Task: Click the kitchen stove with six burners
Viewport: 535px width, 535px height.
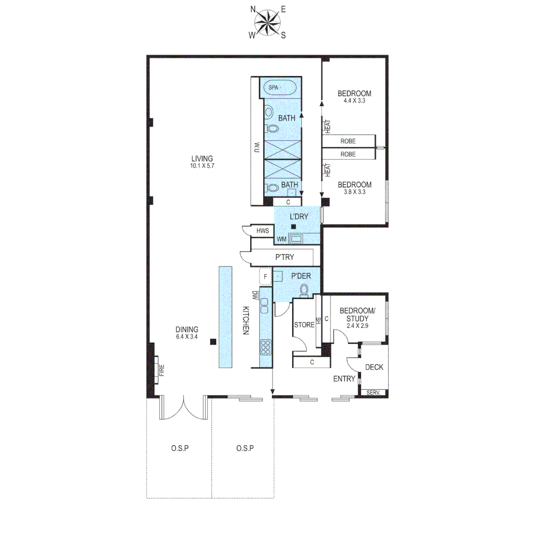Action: coord(265,348)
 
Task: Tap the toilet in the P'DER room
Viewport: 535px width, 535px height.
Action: coord(304,289)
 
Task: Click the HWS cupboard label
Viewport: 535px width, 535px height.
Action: coord(262,231)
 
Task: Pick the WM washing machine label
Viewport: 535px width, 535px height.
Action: coord(281,239)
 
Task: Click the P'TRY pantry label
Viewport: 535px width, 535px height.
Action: coord(284,258)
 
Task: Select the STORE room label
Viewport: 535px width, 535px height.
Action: coord(304,325)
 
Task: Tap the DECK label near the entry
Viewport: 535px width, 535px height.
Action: coord(374,368)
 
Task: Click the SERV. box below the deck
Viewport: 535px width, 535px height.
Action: coord(374,393)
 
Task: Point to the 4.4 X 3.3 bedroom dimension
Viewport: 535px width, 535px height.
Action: coord(354,101)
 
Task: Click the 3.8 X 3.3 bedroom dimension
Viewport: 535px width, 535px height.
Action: coord(354,192)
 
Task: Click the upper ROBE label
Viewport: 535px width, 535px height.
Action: coord(348,141)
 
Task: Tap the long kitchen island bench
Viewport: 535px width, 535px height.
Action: coord(225,317)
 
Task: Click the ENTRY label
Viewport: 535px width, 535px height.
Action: coord(344,379)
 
